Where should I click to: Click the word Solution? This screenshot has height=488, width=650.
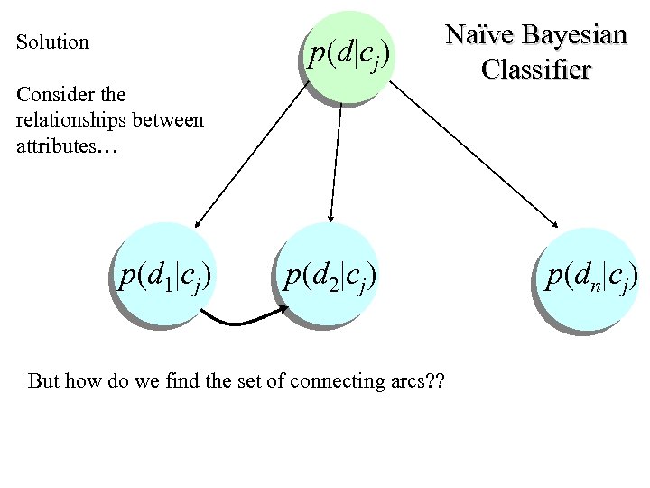[x=52, y=42]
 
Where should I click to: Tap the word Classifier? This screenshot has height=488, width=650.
[x=536, y=69]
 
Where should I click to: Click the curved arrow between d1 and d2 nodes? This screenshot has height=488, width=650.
[x=243, y=319]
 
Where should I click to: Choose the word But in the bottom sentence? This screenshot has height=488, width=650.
[x=43, y=380]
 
